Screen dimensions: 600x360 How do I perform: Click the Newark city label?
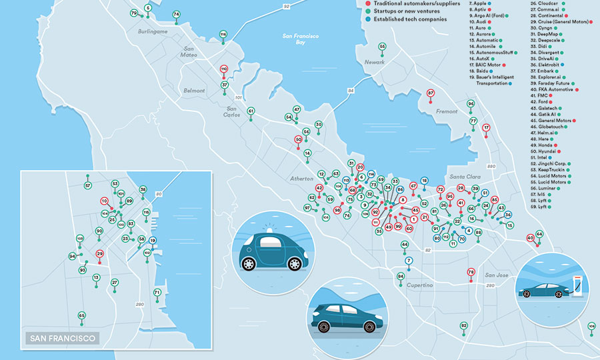(x=375, y=62)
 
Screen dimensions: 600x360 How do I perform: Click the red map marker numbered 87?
(x=431, y=93)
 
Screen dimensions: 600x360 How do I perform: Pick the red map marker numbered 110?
(x=224, y=69)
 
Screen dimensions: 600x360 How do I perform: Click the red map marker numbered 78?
(x=471, y=272)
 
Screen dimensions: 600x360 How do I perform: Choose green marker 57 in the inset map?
(x=87, y=185)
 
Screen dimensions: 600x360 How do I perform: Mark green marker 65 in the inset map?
(x=81, y=315)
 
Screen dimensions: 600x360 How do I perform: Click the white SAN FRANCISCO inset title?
(x=61, y=338)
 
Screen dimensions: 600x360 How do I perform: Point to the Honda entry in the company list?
(x=543, y=145)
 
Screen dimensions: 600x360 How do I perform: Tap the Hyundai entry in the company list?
(x=545, y=153)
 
